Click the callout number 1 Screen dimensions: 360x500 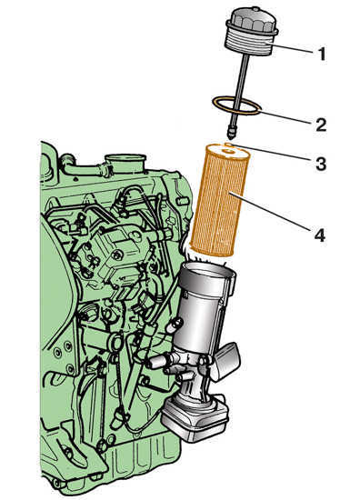322,54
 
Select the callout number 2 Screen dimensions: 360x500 321,125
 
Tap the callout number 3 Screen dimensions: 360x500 321,164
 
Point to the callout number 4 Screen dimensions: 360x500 319,235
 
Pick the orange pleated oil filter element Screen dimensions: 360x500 219,200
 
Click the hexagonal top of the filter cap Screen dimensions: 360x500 251,20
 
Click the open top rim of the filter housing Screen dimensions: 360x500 207,269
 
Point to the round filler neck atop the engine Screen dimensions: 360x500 125,161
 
